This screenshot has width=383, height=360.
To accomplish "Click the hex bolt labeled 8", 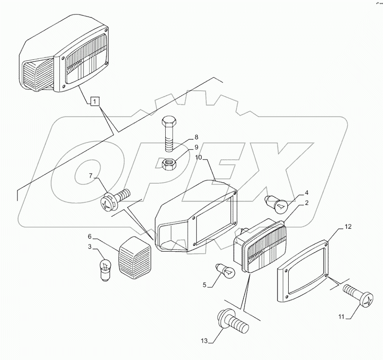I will pyautogui.click(x=170, y=131).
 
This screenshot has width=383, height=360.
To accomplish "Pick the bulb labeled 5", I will pyautogui.click(x=224, y=271).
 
